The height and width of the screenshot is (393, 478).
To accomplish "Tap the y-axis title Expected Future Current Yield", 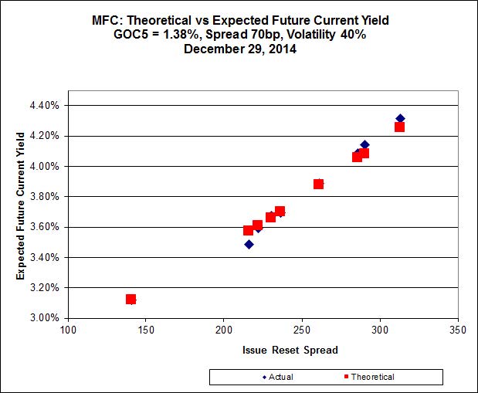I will (x=21, y=211).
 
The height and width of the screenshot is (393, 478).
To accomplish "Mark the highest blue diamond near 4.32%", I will (x=400, y=118).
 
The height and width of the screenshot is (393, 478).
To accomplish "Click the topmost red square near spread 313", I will (x=399, y=127).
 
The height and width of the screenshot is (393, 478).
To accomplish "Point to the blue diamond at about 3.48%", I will (x=249, y=244).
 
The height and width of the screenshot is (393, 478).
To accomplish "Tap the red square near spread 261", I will (x=318, y=184).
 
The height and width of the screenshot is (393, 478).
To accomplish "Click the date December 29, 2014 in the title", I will (x=239, y=48).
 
